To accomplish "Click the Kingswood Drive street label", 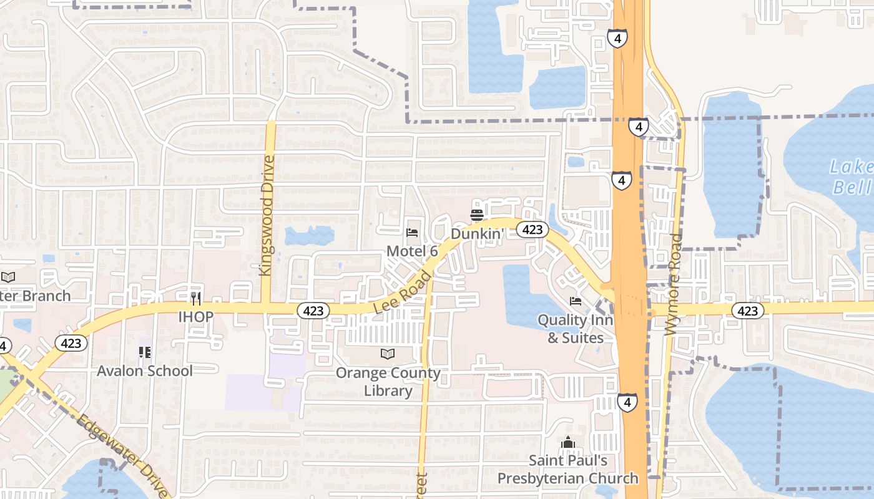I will [x=266, y=215].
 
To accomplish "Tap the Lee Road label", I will [x=403, y=292].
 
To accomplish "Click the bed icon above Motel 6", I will [x=412, y=233].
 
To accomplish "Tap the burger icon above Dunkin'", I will [x=477, y=215].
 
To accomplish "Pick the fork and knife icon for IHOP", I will [x=196, y=299].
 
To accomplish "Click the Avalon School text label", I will [x=145, y=371].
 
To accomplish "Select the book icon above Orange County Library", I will [x=388, y=354].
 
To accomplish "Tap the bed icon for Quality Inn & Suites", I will [x=576, y=301].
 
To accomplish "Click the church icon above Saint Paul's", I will [x=567, y=443].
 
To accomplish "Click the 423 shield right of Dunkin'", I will [x=532, y=230].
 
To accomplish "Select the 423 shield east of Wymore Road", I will [x=747, y=311].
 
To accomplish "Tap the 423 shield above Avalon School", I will [x=71, y=343].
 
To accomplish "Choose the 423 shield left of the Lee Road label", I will [x=313, y=310].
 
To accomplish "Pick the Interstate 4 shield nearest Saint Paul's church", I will [x=627, y=402].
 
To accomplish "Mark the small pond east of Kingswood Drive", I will [x=309, y=235].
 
